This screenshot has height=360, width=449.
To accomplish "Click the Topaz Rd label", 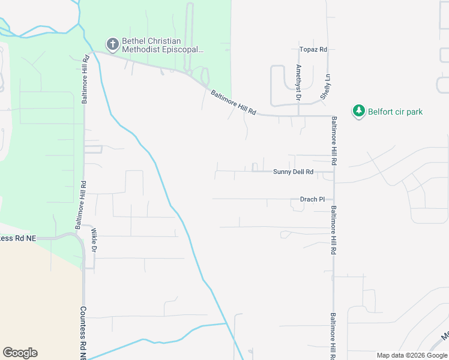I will tap(313, 49).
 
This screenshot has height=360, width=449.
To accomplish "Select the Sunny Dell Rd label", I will tap(293, 172).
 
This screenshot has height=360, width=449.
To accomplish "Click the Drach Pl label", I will tap(312, 199).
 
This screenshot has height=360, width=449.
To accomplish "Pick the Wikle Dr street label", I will tap(94, 239).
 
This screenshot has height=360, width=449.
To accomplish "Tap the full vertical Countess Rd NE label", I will tap(83, 334).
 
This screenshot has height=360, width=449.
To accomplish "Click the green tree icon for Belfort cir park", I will tap(359, 111).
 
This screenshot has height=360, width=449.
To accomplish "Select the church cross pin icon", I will tap(112, 44).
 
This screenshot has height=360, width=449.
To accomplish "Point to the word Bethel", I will tap(133, 41).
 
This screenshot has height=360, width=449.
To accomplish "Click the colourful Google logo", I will tap(20, 352).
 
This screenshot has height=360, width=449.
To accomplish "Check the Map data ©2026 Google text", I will tap(412, 355).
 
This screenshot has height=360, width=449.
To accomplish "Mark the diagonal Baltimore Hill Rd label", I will tap(234, 103).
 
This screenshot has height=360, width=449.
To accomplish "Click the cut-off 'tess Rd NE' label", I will tap(18, 238).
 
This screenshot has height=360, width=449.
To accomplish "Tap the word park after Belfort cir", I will tap(414, 112).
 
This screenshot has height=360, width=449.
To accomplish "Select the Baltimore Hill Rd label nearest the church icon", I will tap(86, 80).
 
